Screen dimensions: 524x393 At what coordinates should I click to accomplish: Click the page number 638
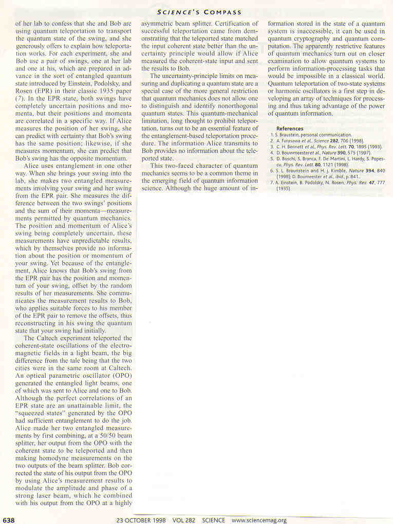(9, 520)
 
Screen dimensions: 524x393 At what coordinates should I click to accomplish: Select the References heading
(290, 128)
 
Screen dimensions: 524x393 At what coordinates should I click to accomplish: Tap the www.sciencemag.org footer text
(259, 520)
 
